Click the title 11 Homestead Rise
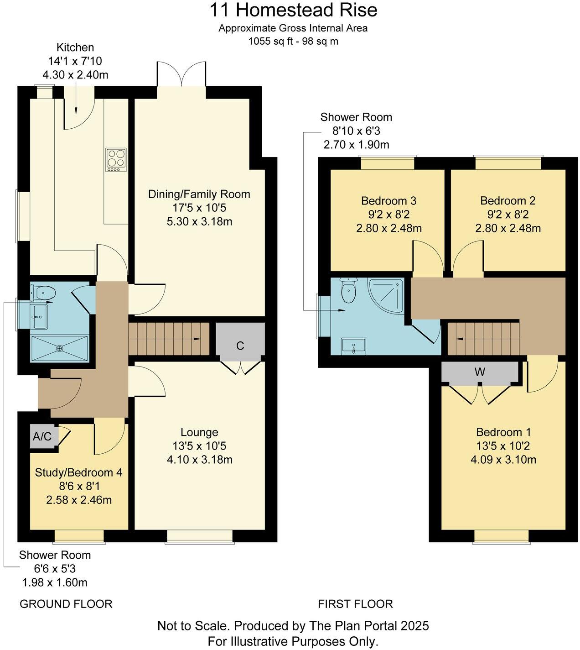(293, 10)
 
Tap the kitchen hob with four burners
(115, 160)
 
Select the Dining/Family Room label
(199, 194)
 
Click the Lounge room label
(199, 432)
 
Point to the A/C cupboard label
(42, 437)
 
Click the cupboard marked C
(240, 346)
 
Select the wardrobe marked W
(479, 372)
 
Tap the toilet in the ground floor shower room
(44, 292)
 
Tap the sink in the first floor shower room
(353, 346)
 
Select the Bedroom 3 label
(388, 200)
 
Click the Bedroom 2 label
(507, 200)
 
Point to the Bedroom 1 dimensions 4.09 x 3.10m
(503, 459)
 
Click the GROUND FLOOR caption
(66, 604)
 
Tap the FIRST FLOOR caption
(355, 604)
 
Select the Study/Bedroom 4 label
(78, 472)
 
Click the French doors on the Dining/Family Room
(181, 74)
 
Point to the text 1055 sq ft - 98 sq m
(293, 41)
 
